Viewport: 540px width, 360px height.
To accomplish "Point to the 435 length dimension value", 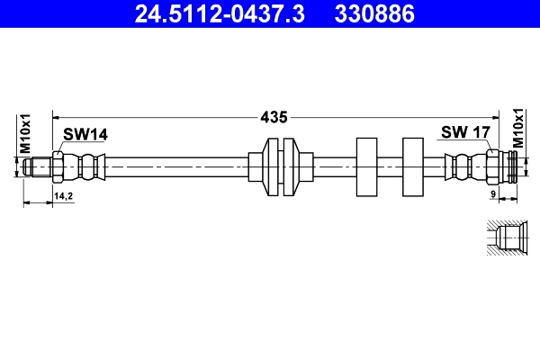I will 274,116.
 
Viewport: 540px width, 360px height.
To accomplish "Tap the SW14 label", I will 85,134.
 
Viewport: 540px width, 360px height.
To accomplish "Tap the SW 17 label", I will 464,132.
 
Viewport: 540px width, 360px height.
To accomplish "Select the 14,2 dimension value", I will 63,194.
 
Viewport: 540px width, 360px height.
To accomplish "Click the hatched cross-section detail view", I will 505,239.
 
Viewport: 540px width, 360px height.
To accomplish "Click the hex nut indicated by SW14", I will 58,166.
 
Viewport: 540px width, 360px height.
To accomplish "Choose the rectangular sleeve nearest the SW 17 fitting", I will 412,166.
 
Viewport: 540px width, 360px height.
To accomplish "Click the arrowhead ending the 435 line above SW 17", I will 486,116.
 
